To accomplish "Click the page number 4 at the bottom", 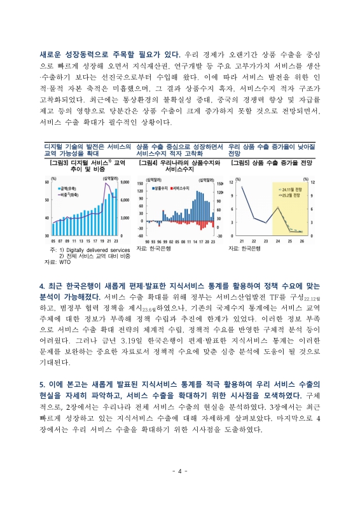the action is point(180,471).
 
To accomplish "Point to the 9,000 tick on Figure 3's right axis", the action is point(123,183).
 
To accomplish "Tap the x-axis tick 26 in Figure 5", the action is point(301,241).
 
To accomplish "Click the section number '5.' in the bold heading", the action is point(42,385).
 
